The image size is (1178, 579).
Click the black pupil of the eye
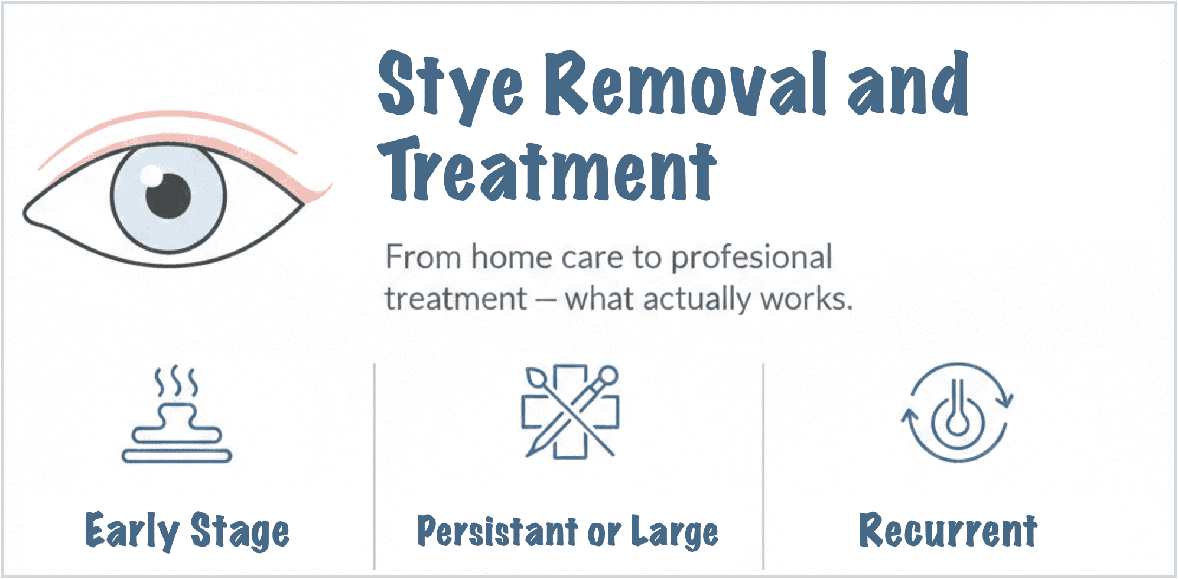[168, 196]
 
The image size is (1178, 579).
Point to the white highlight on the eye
[151, 175]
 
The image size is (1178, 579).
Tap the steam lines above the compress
[176, 382]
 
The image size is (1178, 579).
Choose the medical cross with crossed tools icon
[571, 411]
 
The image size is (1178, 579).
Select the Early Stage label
[188, 531]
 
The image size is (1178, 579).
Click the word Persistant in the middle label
[497, 531]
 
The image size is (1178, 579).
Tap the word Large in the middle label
[675, 532]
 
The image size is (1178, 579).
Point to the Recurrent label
[948, 531]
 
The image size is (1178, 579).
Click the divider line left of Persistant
[375, 467]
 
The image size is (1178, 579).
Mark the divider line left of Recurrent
[763, 467]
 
